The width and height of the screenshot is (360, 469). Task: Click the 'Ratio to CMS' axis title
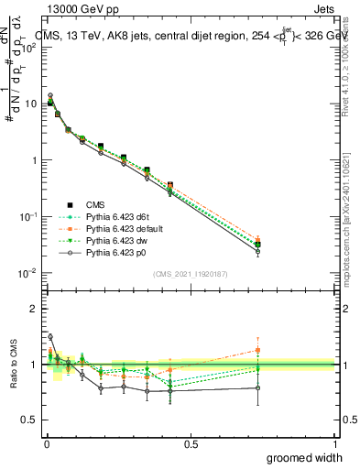coord(11,365)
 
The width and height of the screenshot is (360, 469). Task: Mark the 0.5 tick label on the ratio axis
coord(29,420)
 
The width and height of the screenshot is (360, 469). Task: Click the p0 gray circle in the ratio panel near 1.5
coord(49,336)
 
